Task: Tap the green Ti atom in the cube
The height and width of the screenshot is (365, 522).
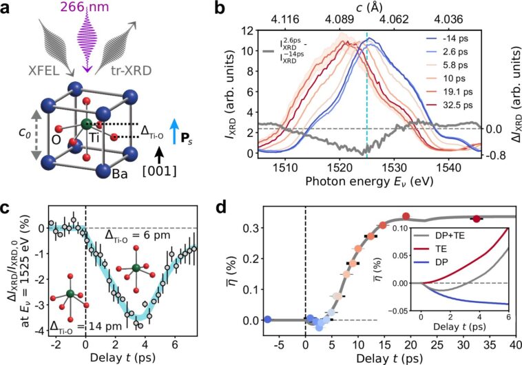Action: (x=86, y=125)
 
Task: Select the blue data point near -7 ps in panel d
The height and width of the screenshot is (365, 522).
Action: (x=267, y=319)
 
